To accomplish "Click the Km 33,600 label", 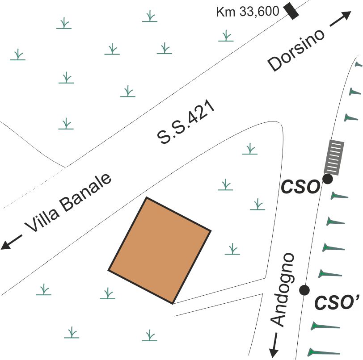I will click(x=247, y=12).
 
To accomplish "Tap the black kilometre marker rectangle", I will click(x=292, y=11).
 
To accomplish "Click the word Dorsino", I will click(x=295, y=50).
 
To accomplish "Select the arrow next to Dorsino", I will click(x=340, y=21).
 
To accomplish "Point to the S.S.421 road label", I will click(x=187, y=125).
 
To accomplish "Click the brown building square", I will click(x=160, y=251).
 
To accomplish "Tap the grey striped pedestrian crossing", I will click(x=334, y=157).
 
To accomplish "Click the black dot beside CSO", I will click(x=328, y=180).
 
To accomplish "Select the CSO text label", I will click(x=300, y=187).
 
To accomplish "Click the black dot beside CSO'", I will click(x=304, y=290).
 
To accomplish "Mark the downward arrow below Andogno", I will click(x=273, y=344).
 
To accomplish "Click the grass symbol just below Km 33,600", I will click(x=226, y=36).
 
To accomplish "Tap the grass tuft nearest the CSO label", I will click(x=257, y=205).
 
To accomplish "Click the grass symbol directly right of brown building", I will click(x=232, y=249).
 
